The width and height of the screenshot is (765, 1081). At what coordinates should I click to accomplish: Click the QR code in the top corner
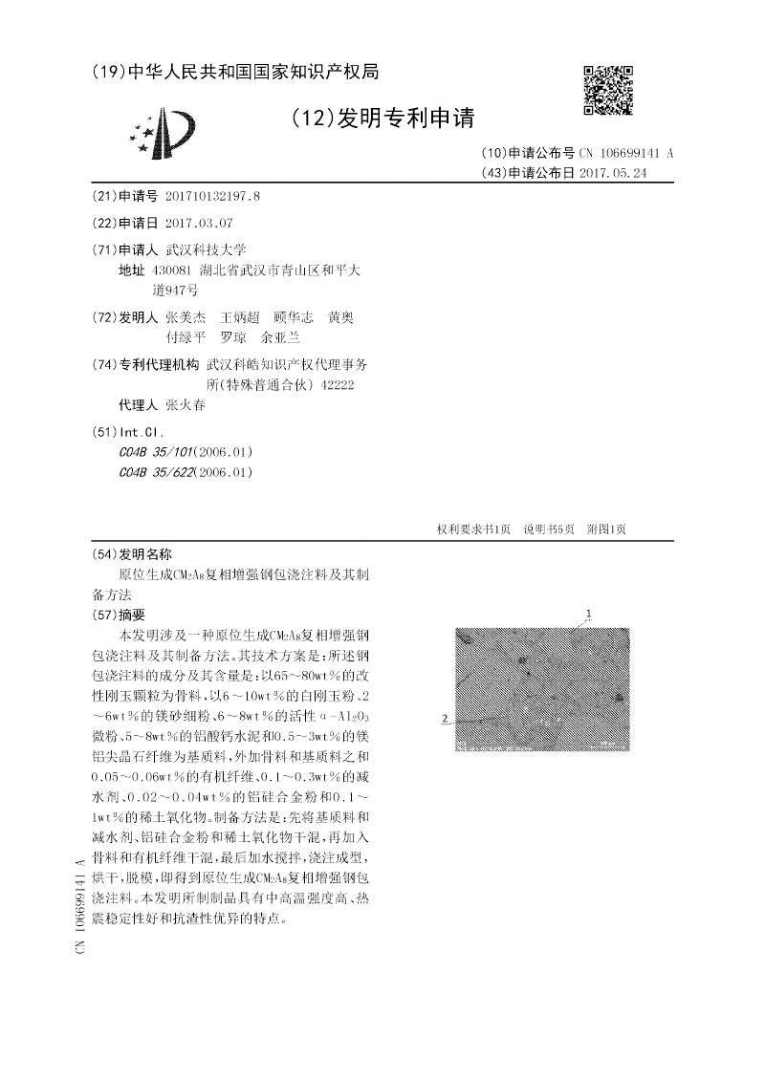click(608, 90)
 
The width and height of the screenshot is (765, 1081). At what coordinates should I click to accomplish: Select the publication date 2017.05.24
click(613, 173)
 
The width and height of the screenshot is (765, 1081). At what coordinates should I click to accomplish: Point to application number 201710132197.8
click(212, 197)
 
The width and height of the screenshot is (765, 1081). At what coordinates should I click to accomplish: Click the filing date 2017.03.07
click(199, 223)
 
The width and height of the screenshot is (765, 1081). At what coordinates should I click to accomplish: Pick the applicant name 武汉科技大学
click(207, 249)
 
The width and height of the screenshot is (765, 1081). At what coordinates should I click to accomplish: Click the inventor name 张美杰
click(186, 316)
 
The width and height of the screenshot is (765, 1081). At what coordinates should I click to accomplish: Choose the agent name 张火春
click(186, 404)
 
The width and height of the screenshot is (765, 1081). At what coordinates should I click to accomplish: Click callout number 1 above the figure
click(589, 613)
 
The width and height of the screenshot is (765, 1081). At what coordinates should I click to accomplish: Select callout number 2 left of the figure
click(446, 719)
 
